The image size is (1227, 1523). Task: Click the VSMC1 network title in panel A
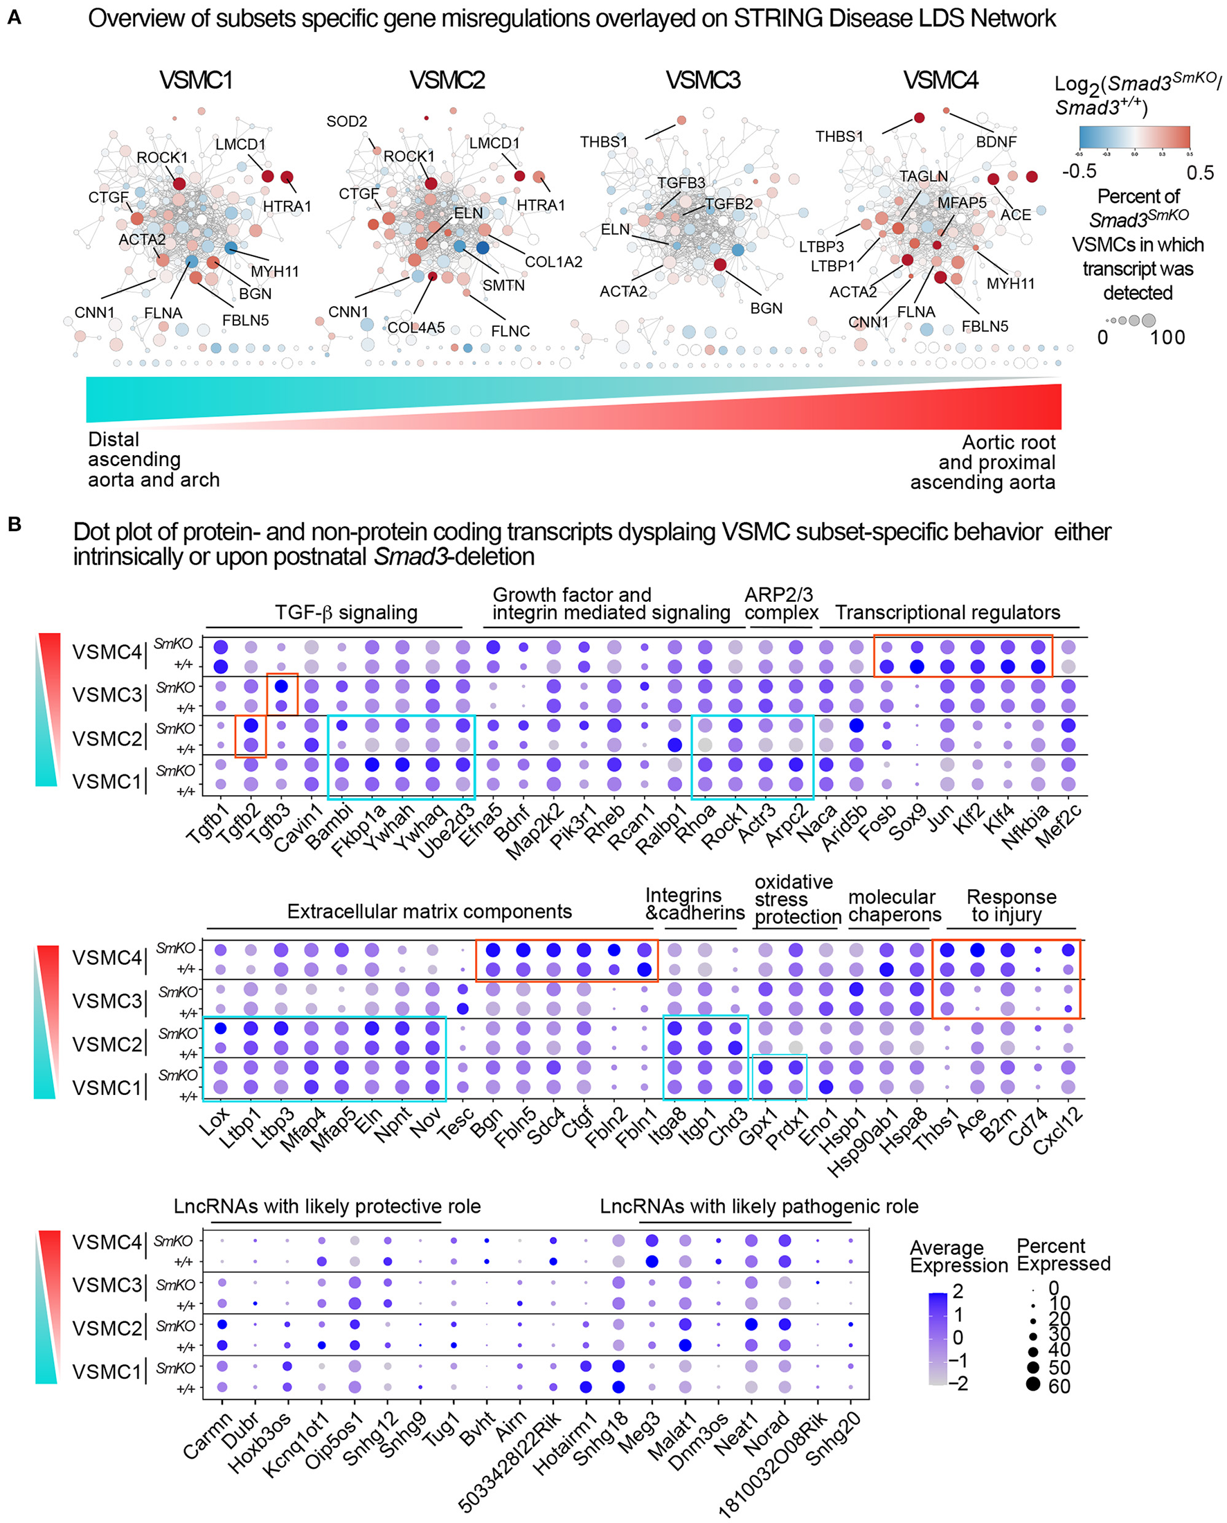[196, 80]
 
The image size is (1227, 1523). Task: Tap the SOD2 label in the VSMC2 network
[346, 122]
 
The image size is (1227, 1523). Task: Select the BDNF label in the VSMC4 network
[996, 142]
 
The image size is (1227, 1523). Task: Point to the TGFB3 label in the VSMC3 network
[681, 183]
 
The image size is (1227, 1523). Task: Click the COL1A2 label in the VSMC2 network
[553, 262]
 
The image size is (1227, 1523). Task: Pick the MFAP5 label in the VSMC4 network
[962, 203]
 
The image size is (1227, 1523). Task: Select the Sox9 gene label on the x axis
[908, 823]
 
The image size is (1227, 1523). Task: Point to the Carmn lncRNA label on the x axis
[207, 1436]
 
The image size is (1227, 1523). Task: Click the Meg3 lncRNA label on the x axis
[638, 1433]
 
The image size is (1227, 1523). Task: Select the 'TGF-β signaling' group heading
[346, 612]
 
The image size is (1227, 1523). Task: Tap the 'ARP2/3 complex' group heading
[780, 604]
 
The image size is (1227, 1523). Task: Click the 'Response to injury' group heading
[1011, 906]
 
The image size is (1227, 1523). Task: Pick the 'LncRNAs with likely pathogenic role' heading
[758, 1207]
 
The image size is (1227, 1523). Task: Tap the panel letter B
[15, 525]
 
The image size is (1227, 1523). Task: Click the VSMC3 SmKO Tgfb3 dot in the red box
[281, 686]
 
